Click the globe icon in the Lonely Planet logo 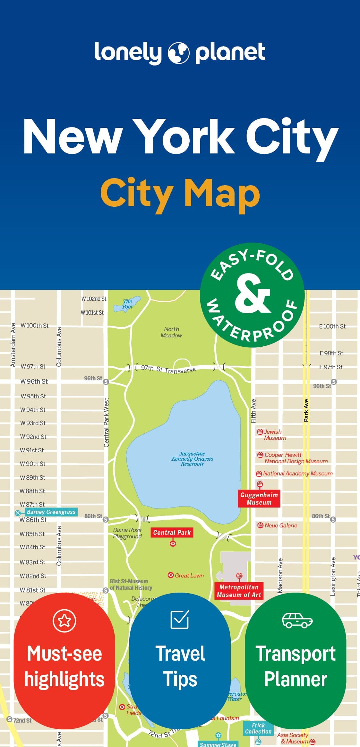click(178, 53)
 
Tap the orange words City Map click(180, 194)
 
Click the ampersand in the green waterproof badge click(252, 294)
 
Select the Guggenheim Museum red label click(259, 499)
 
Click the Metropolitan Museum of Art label click(239, 591)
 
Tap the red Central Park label click(172, 533)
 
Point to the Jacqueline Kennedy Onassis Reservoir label click(192, 459)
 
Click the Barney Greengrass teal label click(51, 512)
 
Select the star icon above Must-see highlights click(64, 621)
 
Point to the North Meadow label click(171, 332)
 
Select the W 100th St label click(35, 326)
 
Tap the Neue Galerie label click(280, 526)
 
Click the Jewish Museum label click(275, 435)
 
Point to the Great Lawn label click(189, 576)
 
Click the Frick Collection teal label click(258, 728)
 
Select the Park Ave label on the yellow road click(306, 410)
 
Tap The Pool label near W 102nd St click(127, 304)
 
